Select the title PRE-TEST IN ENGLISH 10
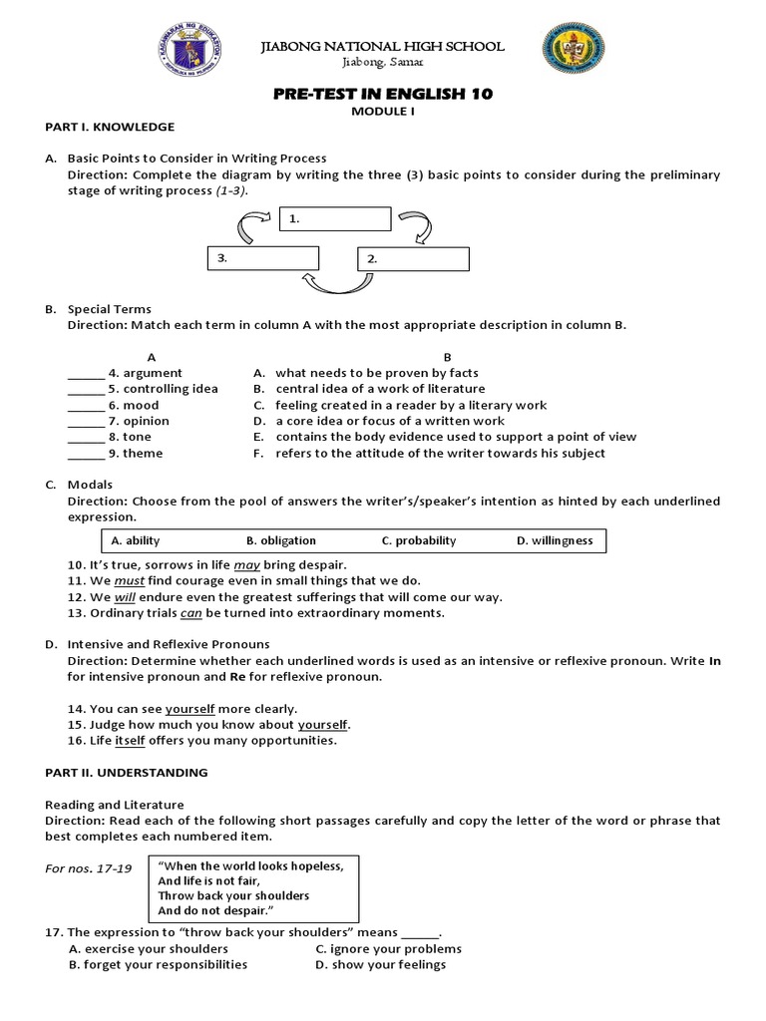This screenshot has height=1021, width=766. point(382,94)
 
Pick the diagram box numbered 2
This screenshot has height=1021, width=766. point(413,258)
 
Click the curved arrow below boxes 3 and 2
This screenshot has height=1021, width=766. point(339,286)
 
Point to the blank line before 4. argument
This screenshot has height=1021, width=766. point(86,373)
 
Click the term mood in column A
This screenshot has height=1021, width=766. point(141,405)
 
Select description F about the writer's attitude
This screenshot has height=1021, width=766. point(439,453)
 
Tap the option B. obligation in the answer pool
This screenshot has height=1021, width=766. point(280,540)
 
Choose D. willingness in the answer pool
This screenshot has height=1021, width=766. point(555,540)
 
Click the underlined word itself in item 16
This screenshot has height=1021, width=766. point(131,740)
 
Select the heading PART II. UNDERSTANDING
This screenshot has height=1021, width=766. point(127,772)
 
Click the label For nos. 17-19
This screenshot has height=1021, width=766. point(89,867)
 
